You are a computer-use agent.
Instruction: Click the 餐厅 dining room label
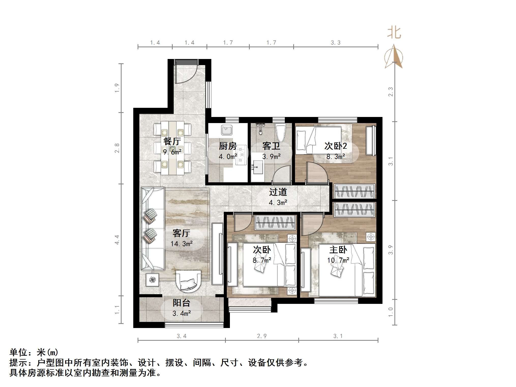pyautogui.click(x=172, y=141)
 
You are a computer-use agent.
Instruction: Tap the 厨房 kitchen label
pyautogui.click(x=228, y=146)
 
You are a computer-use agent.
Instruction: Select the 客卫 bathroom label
pyautogui.click(x=271, y=146)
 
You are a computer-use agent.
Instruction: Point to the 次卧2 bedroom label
pyautogui.click(x=335, y=146)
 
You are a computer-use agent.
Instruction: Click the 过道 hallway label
pyautogui.click(x=278, y=192)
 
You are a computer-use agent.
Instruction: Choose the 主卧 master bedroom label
pyautogui.click(x=338, y=250)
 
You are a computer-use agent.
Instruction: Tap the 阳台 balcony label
pyautogui.click(x=181, y=303)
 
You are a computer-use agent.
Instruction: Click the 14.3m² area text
pyautogui.click(x=181, y=244)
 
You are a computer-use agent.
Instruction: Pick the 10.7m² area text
pyautogui.click(x=338, y=260)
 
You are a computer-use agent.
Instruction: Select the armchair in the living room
pyautogui.click(x=188, y=280)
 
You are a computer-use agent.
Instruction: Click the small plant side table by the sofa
pyautogui.click(x=152, y=280)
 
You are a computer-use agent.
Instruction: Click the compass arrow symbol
pyautogui.click(x=394, y=57)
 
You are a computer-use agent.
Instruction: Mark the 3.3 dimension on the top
pyautogui.click(x=335, y=43)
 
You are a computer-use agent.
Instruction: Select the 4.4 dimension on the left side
pyautogui.click(x=117, y=240)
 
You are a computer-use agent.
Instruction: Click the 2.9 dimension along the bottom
pyautogui.click(x=262, y=336)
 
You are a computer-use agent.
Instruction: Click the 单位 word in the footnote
pyautogui.click(x=19, y=353)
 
